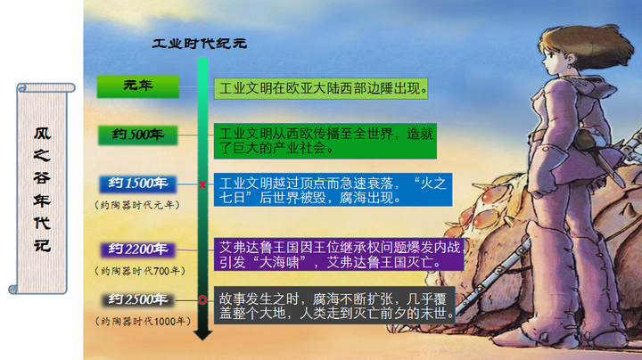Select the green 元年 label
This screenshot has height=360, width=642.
click(x=138, y=86)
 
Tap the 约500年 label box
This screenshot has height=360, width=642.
click(x=138, y=135)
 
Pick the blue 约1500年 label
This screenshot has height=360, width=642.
click(x=138, y=184)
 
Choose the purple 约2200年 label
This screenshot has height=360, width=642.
click(x=138, y=248)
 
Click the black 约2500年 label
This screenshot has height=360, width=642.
click(x=138, y=299)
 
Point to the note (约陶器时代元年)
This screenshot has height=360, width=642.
click(x=138, y=204)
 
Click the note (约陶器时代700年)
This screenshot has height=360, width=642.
click(x=138, y=269)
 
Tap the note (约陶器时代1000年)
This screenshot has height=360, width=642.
click(x=138, y=320)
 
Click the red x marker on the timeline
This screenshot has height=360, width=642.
click(x=203, y=184)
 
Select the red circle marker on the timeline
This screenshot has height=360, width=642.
click(x=203, y=299)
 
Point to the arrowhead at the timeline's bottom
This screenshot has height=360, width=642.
click(x=203, y=333)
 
